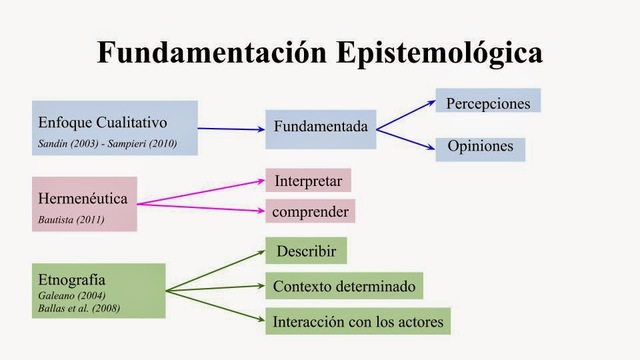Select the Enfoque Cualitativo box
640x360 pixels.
tap(114, 127)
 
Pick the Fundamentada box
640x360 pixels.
tap(321, 127)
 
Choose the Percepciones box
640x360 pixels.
tap(488, 103)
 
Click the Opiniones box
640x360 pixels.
tap(480, 147)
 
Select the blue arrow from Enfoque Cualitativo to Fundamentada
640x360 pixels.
tap(231, 127)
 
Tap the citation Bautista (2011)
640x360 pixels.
tap(71, 218)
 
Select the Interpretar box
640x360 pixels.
tap(308, 181)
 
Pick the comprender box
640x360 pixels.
tap(311, 211)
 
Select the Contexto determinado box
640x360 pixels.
tap(344, 286)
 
